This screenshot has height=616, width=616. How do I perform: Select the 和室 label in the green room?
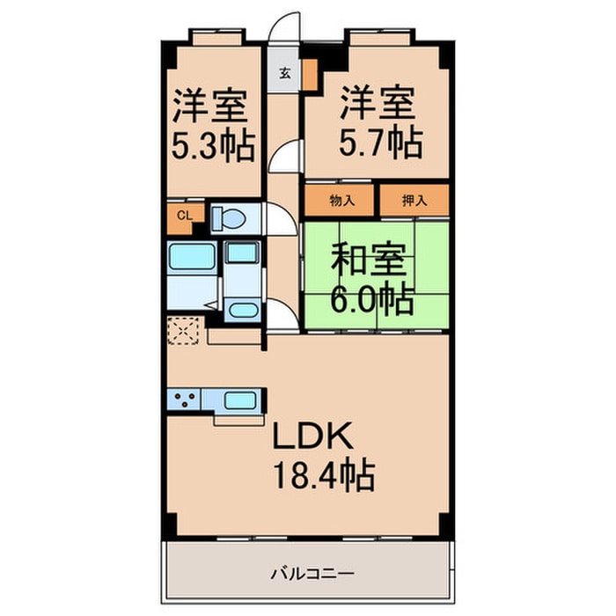(x=369, y=261)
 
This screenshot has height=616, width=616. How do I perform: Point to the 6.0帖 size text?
(x=373, y=300)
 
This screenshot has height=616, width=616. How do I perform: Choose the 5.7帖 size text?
(x=378, y=140)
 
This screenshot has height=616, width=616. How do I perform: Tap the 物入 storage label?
(x=341, y=201)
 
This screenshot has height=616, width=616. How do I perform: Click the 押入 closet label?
(x=414, y=201)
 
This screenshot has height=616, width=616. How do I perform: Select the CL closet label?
(x=185, y=215)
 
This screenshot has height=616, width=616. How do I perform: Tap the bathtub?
(x=192, y=260)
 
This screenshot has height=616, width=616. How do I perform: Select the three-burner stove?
(x=187, y=400)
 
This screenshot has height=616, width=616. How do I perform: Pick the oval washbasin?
(x=239, y=309)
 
